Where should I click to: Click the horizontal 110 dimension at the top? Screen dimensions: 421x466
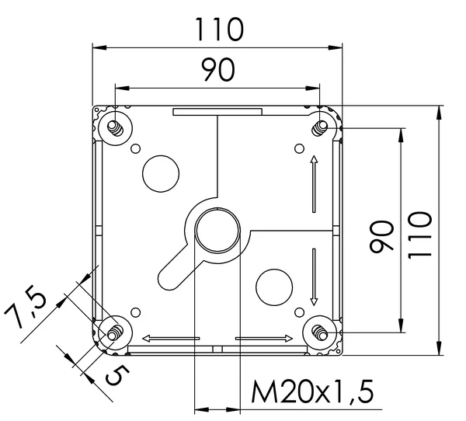click(x=218, y=30)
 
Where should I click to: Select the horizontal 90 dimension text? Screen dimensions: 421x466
click(x=218, y=71)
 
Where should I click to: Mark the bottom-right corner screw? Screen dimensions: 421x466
click(x=320, y=333)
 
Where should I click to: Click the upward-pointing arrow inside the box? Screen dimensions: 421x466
click(x=314, y=183)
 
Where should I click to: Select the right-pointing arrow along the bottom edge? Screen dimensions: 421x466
click(x=264, y=339)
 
